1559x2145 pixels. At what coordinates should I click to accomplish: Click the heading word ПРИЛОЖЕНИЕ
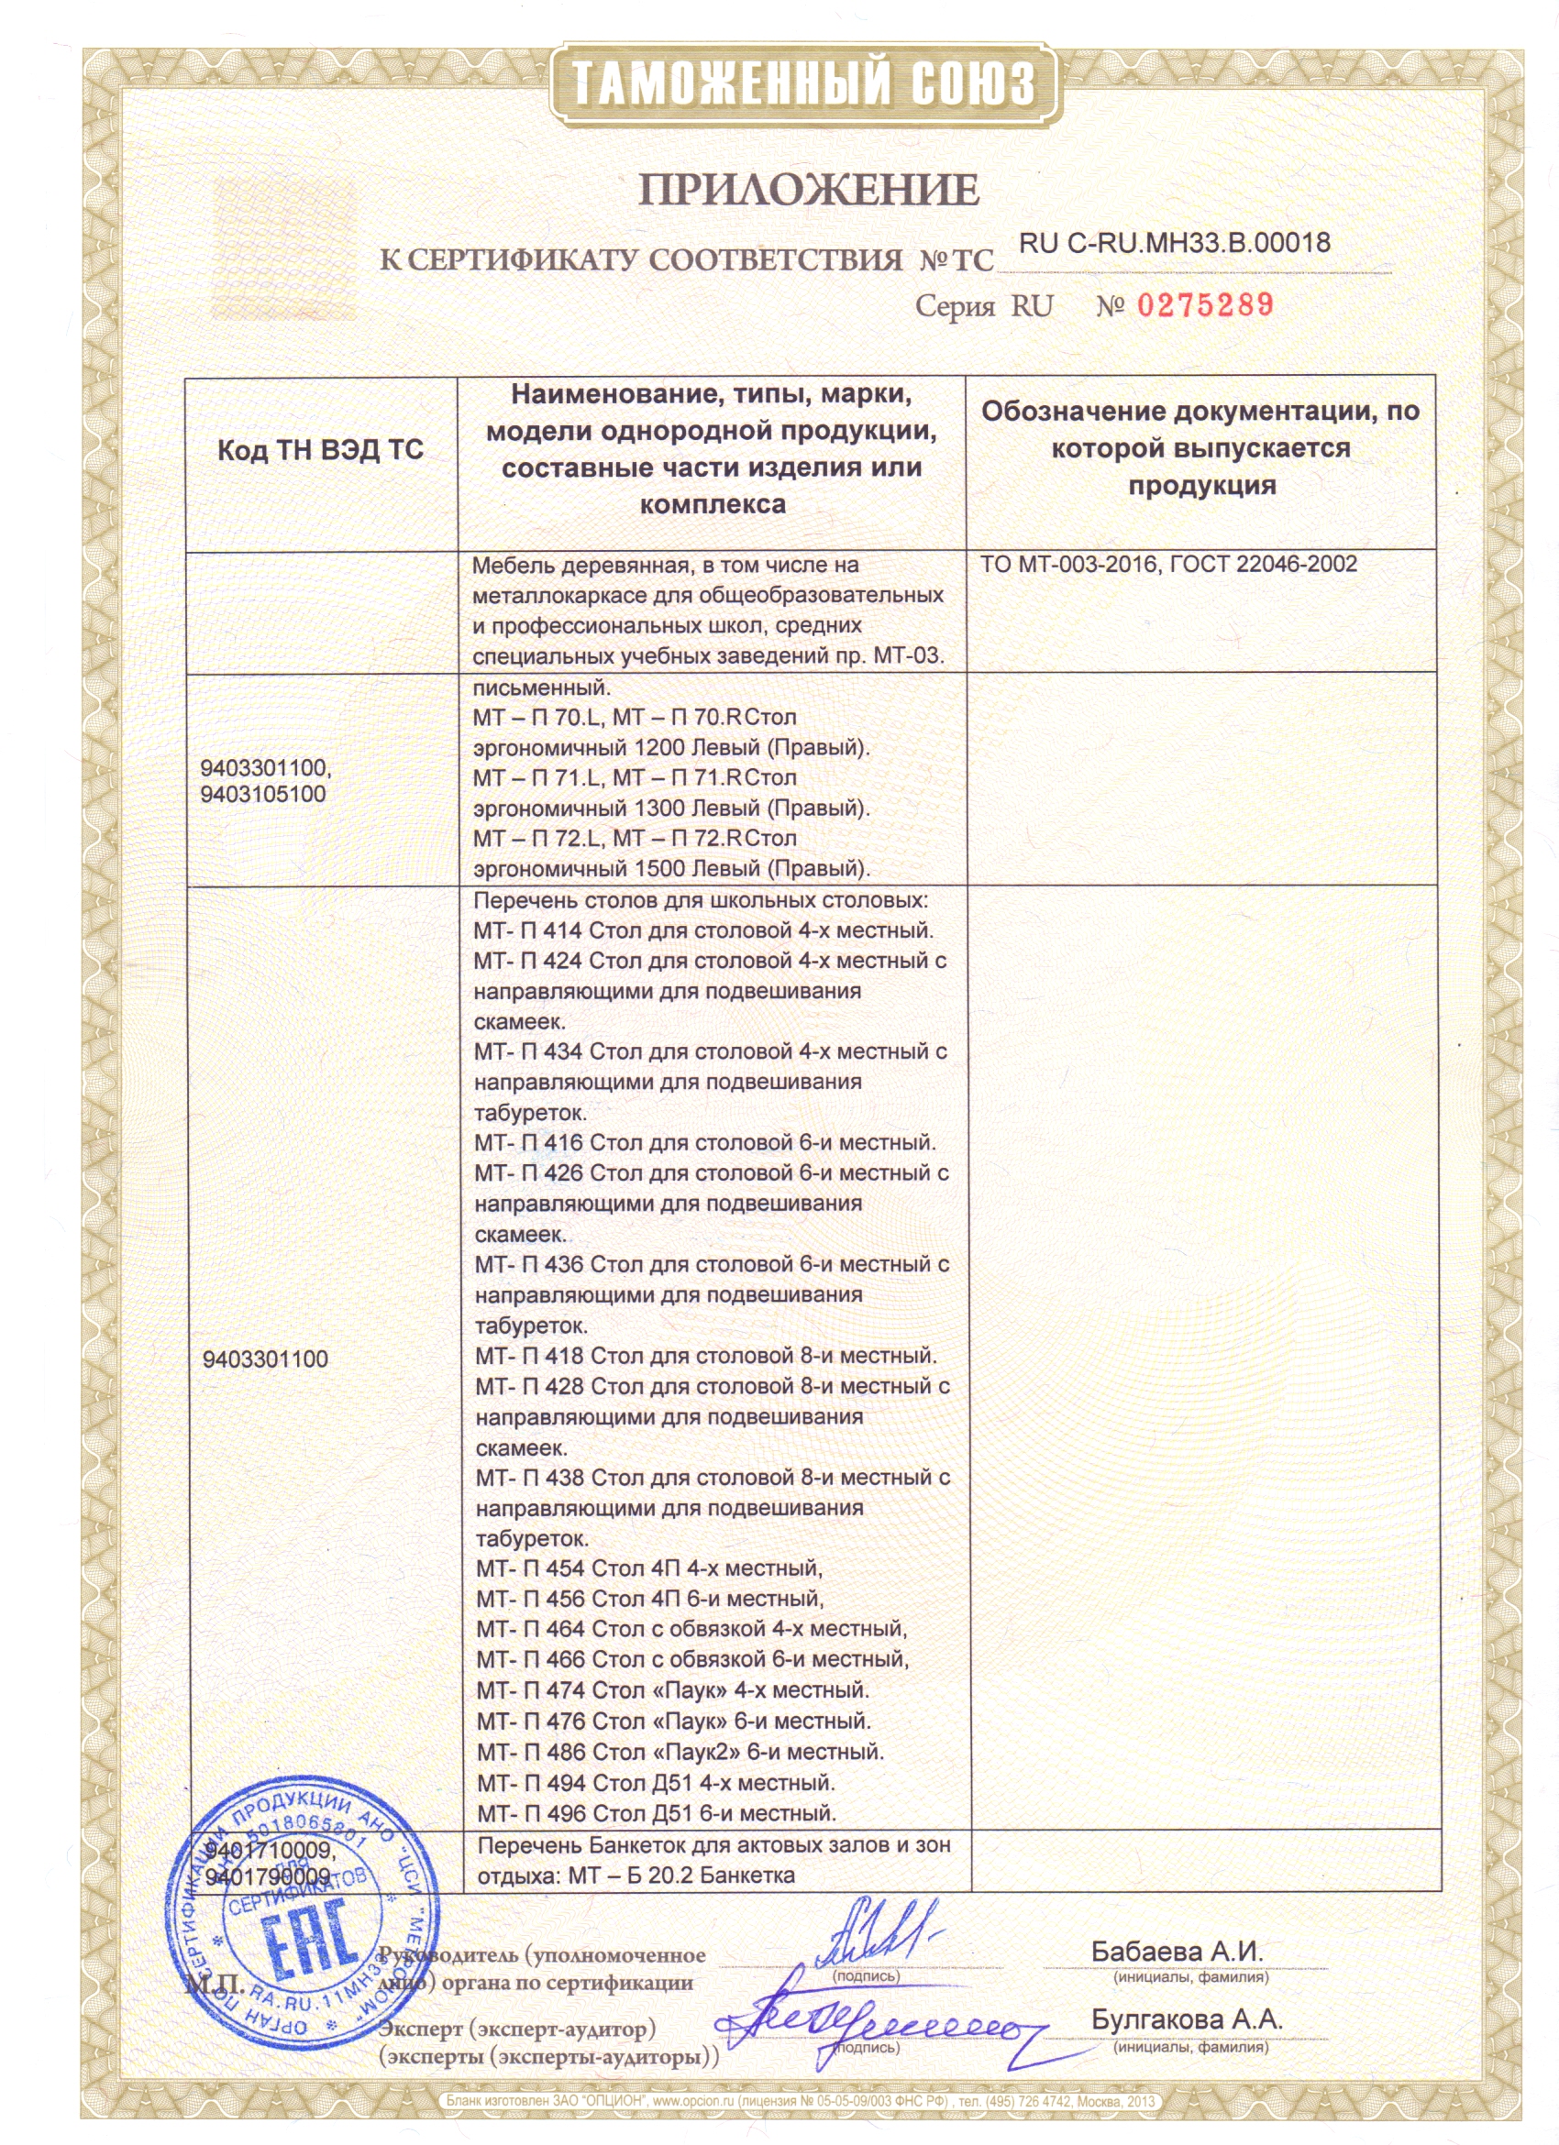pyautogui.click(x=809, y=190)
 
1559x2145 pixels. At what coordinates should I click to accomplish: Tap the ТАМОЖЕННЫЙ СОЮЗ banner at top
pyautogui.click(x=804, y=84)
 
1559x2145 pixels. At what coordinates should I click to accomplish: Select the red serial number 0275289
pyautogui.click(x=1204, y=305)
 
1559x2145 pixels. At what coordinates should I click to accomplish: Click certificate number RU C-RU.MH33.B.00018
pyautogui.click(x=1174, y=243)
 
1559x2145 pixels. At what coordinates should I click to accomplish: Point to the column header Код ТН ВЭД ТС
pyautogui.click(x=321, y=450)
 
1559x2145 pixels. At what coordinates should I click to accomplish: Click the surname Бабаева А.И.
pyautogui.click(x=1177, y=1951)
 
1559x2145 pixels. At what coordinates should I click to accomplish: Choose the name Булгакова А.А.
pyautogui.click(x=1187, y=2019)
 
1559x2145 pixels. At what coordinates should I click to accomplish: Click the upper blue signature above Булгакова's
pyautogui.click(x=875, y=1939)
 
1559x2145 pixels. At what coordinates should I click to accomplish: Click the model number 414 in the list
pyautogui.click(x=563, y=930)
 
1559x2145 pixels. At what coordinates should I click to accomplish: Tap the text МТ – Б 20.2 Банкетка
pyautogui.click(x=681, y=1875)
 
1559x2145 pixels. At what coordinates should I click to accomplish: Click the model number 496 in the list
pyautogui.click(x=566, y=1814)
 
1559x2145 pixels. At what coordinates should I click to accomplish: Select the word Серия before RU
pyautogui.click(x=955, y=306)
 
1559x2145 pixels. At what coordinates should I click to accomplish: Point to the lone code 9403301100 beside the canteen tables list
pyautogui.click(x=265, y=1360)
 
